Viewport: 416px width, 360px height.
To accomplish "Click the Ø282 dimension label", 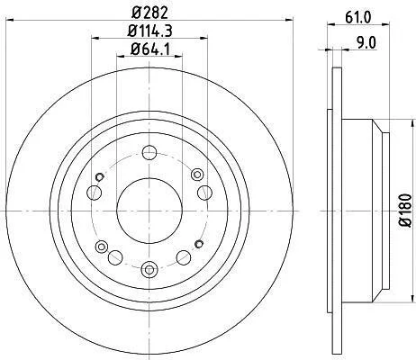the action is pos(149,13).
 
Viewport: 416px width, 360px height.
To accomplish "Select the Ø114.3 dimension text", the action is pos(149,31).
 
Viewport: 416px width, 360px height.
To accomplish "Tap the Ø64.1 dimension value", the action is pos(150,49).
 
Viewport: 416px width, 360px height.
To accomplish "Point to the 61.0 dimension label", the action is pos(358,18).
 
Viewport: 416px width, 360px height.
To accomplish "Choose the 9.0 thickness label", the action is pos(366,42).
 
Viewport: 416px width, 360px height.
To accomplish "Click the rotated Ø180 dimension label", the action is pos(406,210).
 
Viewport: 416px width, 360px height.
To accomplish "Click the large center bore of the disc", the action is pos(149,211).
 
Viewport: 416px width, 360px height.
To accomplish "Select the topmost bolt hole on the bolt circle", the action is pos(149,153).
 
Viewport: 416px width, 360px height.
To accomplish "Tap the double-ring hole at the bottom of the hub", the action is pos(149,269).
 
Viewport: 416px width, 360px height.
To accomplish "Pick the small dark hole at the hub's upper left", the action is pos(99,177).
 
